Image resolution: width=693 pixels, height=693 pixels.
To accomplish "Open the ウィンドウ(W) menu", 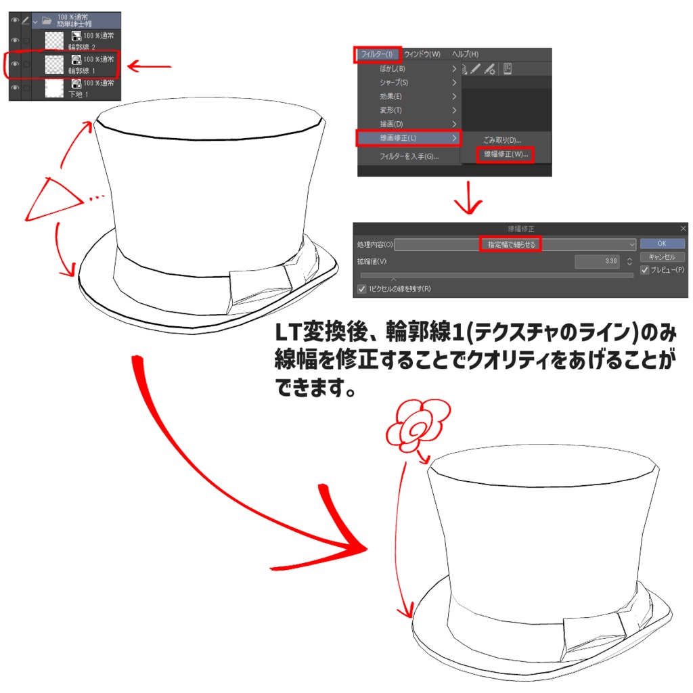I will [422, 54].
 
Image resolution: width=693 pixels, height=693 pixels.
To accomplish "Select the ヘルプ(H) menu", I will [465, 54].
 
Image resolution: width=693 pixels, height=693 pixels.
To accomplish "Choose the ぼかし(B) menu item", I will [393, 68].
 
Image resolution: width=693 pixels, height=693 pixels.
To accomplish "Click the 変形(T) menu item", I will [391, 110].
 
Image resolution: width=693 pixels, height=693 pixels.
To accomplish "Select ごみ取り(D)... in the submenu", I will [501, 140].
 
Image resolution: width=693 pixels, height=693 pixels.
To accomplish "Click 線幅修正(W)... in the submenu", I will [505, 154].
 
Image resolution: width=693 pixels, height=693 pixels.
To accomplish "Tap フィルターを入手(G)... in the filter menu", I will [409, 156].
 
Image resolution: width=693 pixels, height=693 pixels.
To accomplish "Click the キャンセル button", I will [662, 257].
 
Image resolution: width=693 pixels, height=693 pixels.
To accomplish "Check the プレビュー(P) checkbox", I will [644, 270].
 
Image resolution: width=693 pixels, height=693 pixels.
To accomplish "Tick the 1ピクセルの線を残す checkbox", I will [361, 289].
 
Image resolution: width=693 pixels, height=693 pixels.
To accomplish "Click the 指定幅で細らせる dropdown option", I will [511, 244].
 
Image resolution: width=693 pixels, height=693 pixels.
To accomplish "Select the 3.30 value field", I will [598, 261].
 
